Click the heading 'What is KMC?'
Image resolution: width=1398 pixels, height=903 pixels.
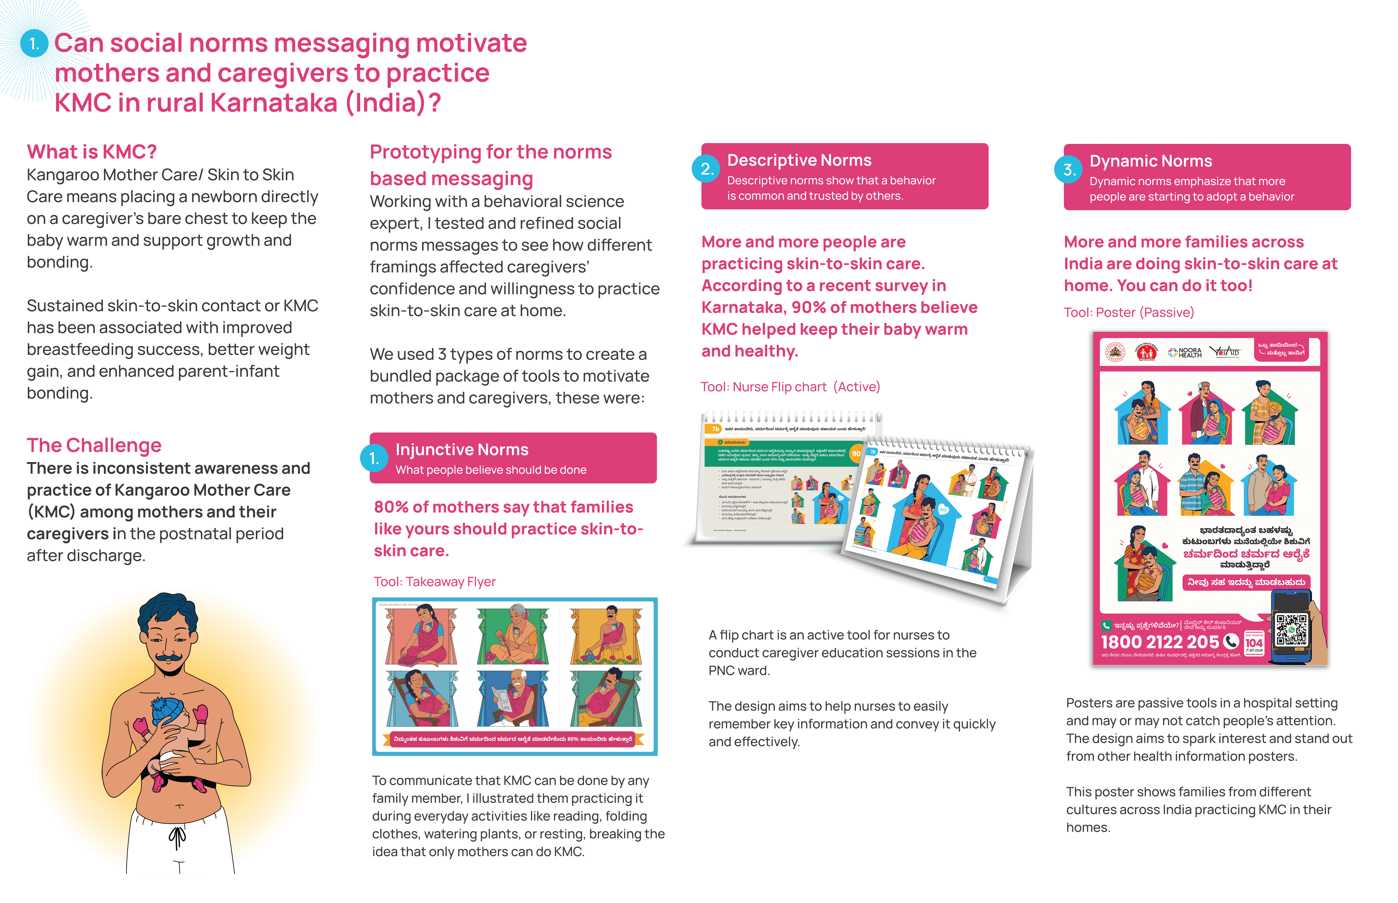click(91, 152)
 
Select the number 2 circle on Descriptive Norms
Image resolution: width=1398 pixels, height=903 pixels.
click(707, 169)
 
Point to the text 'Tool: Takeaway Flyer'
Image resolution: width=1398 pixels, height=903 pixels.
click(435, 582)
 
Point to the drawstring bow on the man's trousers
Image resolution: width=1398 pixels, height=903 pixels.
click(177, 836)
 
